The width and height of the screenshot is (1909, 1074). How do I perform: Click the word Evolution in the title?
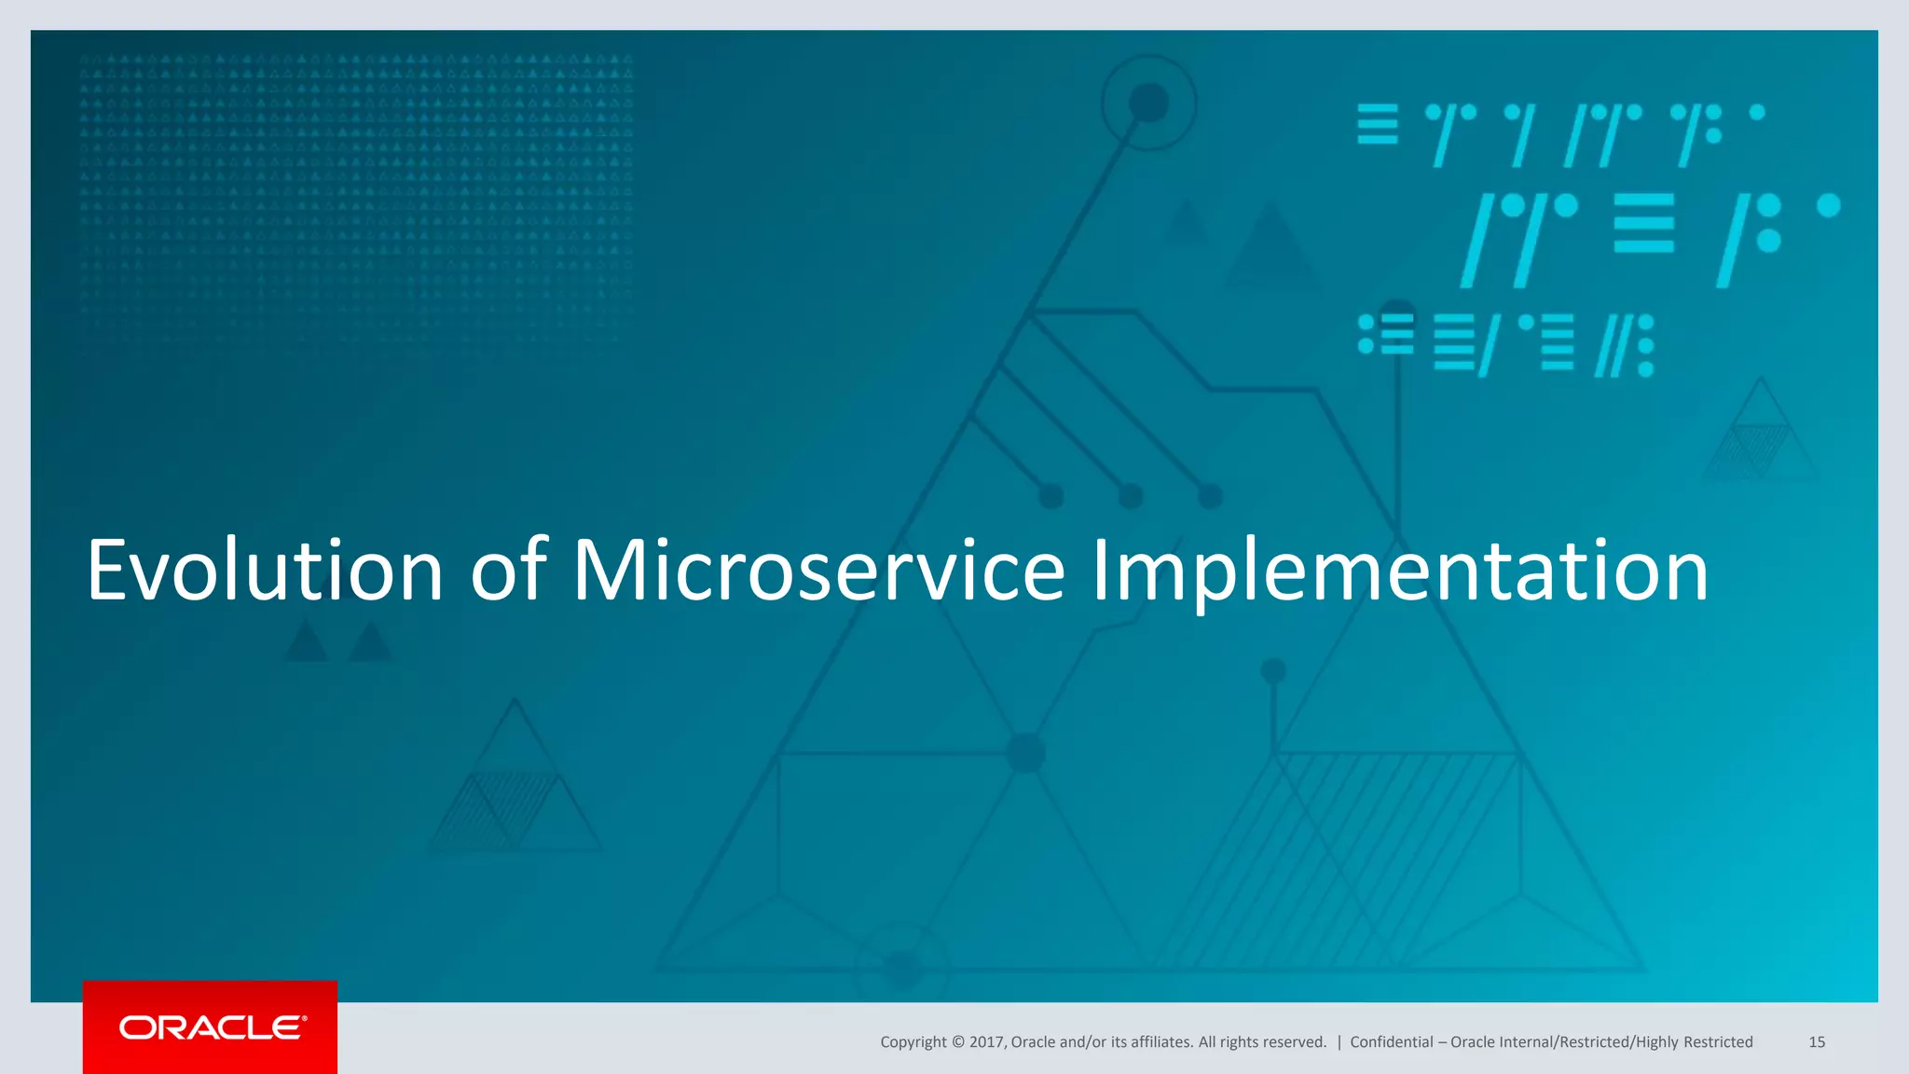point(265,571)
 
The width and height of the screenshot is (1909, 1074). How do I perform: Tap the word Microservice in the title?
point(817,571)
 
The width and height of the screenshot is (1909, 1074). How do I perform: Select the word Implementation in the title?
point(1399,571)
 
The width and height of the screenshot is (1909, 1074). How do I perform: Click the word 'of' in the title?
point(508,571)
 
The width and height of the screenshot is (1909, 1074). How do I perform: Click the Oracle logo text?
point(212,1027)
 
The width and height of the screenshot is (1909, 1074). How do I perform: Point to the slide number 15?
point(1817,1042)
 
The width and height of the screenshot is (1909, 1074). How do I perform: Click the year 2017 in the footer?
point(986,1042)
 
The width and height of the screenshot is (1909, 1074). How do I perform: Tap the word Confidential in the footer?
point(1391,1042)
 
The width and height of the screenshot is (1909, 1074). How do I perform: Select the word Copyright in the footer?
point(913,1042)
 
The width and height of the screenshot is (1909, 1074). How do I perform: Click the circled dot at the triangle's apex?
point(1148,103)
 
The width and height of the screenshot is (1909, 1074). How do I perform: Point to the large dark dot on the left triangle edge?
point(1025,752)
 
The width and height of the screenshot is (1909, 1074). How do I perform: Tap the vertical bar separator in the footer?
point(1339,1042)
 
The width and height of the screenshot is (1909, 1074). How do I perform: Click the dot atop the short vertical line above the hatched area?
point(1273,670)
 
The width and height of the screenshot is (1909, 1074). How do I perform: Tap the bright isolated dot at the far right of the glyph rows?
point(1829,205)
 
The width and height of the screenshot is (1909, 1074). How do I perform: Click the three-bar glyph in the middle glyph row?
point(1643,224)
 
